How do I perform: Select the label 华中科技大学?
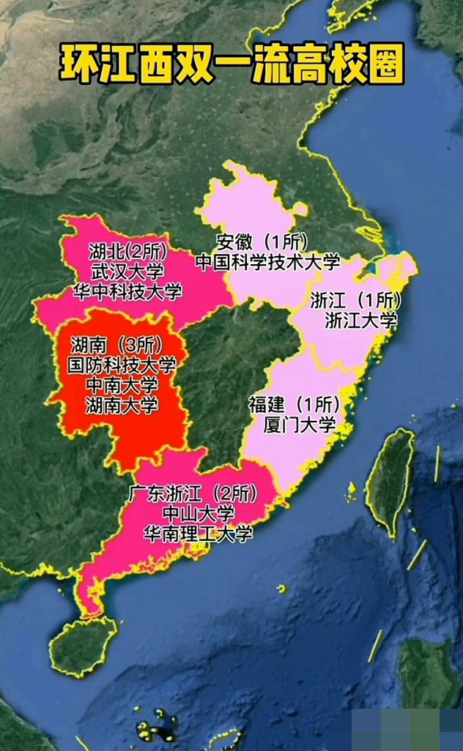click(x=127, y=291)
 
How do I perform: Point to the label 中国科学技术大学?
click(x=269, y=261)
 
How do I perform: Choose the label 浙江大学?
click(x=360, y=320)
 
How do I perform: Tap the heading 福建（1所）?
click(x=295, y=403)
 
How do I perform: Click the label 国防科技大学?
click(x=122, y=365)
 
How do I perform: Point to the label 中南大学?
click(x=122, y=384)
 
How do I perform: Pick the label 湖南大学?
click(x=122, y=404)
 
